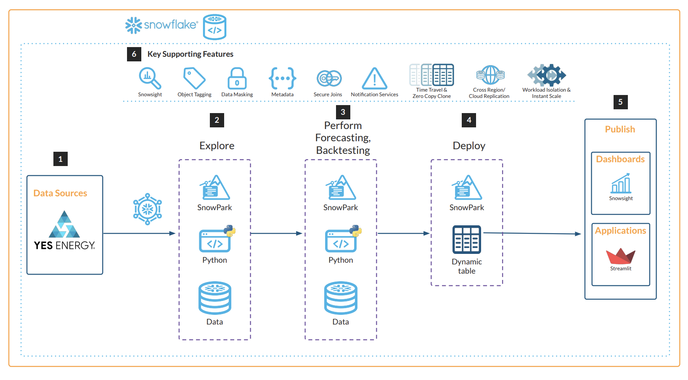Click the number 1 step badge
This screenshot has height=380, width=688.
pyautogui.click(x=61, y=159)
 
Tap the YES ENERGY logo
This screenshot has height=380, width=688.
pyautogui.click(x=64, y=231)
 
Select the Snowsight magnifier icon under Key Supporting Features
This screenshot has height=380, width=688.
pyautogui.click(x=149, y=78)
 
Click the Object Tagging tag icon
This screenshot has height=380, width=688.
pyautogui.click(x=194, y=78)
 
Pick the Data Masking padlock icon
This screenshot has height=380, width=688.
pyautogui.click(x=237, y=78)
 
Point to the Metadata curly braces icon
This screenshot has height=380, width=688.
pyautogui.click(x=283, y=78)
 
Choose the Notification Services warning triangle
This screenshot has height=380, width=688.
pyautogui.click(x=374, y=79)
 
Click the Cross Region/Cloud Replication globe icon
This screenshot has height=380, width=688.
pyautogui.click(x=490, y=75)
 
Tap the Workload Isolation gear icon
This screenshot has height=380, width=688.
pyautogui.click(x=547, y=75)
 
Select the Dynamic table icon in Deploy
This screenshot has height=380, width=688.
pyautogui.click(x=467, y=240)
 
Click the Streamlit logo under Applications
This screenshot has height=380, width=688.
pyautogui.click(x=620, y=256)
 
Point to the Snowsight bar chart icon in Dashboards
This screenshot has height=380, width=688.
pyautogui.click(x=621, y=184)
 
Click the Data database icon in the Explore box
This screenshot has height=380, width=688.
pyautogui.click(x=215, y=298)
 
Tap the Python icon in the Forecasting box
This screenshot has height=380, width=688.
pyautogui.click(x=342, y=239)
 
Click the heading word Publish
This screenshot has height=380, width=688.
pyautogui.click(x=620, y=129)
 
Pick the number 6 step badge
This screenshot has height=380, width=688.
pyautogui.click(x=134, y=54)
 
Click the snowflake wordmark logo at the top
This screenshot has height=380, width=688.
pyautogui.click(x=162, y=25)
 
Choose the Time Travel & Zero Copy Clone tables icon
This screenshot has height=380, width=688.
pyautogui.click(x=432, y=75)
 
